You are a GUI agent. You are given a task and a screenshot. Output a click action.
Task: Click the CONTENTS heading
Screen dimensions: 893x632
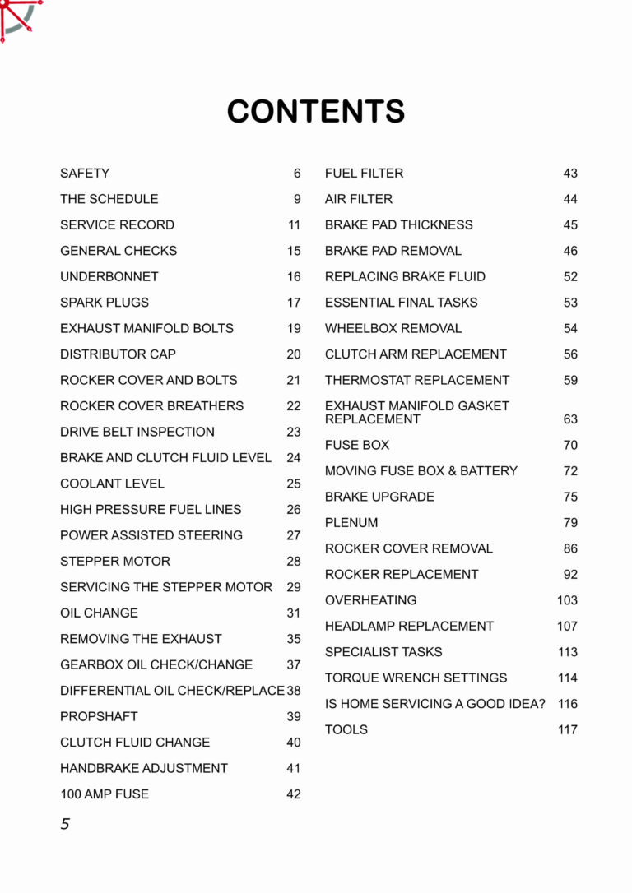point(316,112)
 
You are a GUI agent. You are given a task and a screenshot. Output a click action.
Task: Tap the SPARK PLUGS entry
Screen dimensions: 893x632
point(105,303)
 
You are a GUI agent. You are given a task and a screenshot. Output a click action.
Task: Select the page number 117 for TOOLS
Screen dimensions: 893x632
point(567,729)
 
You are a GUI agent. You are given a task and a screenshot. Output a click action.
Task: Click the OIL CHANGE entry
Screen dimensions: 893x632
point(99,613)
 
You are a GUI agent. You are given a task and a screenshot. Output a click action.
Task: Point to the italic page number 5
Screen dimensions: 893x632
point(65,824)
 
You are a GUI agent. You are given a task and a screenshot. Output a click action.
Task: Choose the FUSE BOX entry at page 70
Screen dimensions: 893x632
point(357,445)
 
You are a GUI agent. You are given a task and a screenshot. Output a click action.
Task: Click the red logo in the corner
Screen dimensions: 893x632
point(18,18)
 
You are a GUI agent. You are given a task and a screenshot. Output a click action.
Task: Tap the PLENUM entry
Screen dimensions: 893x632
point(351,522)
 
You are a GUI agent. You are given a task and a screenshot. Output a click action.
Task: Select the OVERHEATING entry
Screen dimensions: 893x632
point(370,600)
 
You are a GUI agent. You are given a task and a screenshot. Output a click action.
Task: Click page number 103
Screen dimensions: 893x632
point(567,600)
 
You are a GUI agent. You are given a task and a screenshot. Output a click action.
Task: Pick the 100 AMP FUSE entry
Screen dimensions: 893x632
point(105,794)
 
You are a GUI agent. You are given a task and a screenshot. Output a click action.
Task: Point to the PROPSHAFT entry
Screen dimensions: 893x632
point(99,716)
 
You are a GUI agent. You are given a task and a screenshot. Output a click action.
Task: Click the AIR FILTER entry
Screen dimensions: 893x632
point(359,199)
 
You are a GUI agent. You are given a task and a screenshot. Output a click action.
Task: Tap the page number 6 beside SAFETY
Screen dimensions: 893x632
point(297,174)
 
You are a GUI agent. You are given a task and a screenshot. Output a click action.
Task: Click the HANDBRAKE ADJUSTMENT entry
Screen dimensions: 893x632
point(144,768)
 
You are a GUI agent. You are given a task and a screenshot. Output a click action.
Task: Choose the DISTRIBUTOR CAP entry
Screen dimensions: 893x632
point(118,354)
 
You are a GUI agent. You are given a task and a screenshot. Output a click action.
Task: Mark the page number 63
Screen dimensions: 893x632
point(570,419)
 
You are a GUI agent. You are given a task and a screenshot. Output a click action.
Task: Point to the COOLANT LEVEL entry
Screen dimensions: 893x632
point(112,484)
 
